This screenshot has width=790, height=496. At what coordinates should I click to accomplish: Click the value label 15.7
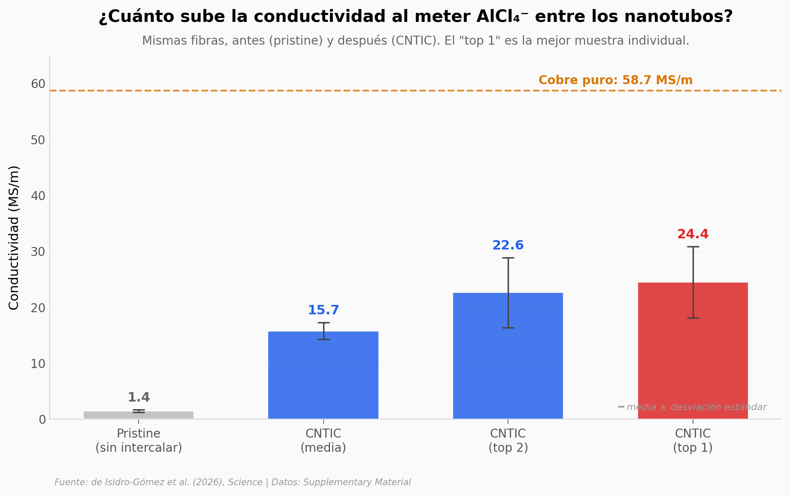coord(323,310)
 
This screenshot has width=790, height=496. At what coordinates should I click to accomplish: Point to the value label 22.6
coord(508,246)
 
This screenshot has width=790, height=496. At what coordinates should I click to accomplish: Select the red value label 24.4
coord(693,234)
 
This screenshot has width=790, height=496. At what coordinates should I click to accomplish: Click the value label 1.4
coord(139,397)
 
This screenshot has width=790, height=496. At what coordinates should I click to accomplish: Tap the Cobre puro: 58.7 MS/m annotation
coord(615,80)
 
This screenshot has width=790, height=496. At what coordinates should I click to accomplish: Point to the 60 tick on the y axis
coord(38,84)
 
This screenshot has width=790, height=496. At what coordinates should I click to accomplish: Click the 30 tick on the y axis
coord(38,252)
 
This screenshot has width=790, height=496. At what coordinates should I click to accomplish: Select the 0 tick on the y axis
coord(42,420)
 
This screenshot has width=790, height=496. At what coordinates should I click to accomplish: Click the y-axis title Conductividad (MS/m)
coord(14,237)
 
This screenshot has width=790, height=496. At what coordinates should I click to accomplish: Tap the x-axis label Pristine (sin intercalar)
coord(139,441)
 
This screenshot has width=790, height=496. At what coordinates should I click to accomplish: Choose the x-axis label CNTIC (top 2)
coord(508,441)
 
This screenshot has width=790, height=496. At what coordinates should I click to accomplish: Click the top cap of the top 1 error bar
coord(693,247)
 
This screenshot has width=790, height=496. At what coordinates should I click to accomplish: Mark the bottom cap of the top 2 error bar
coord(508,328)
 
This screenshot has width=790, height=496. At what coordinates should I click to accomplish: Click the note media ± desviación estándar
coord(696,407)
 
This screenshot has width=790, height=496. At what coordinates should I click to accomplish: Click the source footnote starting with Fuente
coord(233,482)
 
